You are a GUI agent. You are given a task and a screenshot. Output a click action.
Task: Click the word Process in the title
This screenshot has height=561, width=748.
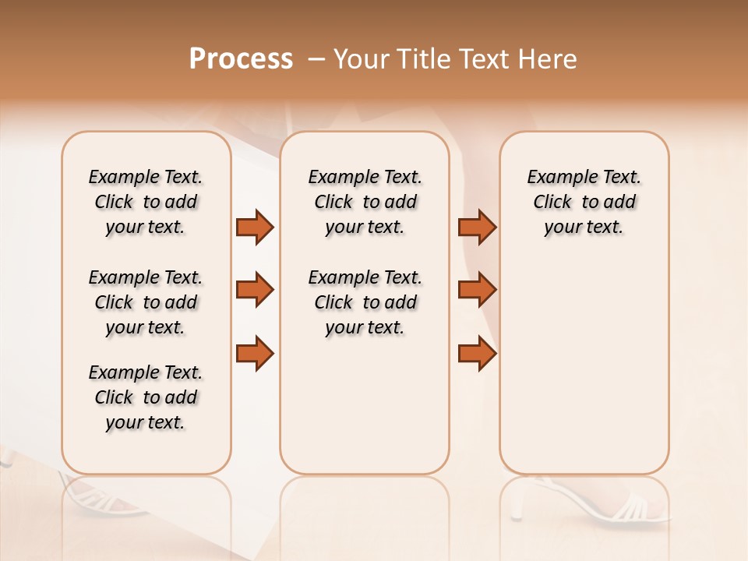[241, 59]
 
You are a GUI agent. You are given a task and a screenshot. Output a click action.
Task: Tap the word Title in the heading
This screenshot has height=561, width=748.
[424, 59]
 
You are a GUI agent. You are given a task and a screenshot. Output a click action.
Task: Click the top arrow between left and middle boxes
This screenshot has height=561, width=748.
[255, 227]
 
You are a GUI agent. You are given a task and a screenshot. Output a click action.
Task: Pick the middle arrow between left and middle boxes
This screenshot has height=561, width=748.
[255, 290]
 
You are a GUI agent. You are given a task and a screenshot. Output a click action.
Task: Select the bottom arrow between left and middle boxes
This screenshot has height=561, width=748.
[255, 353]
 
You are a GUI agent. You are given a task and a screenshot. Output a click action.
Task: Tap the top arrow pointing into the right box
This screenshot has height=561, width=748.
[477, 227]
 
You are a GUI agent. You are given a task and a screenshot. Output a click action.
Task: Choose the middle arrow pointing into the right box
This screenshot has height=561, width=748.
[477, 290]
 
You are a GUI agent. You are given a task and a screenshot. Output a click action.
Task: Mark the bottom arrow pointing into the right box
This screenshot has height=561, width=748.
[477, 353]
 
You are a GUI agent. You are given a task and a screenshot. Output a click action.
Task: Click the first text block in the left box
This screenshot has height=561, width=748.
[146, 202]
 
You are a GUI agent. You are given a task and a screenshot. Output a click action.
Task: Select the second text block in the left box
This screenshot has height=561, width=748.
[146, 302]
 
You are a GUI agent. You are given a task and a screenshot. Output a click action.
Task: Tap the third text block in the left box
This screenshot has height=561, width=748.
[146, 397]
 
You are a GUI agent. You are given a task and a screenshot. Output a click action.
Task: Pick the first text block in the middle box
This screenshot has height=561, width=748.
[365, 202]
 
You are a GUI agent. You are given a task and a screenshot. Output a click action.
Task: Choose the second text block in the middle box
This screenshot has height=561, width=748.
[365, 302]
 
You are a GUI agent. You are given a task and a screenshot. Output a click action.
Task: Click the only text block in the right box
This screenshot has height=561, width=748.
[584, 202]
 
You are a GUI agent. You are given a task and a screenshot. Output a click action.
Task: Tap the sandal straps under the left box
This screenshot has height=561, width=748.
[101, 499]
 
